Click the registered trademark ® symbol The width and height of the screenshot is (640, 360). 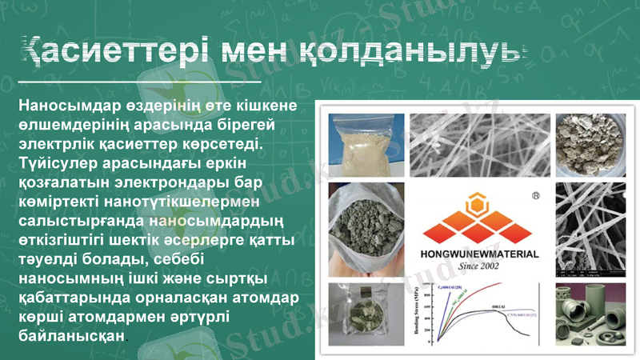pyautogui.click(x=535, y=195)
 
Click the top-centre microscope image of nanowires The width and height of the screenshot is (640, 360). pyautogui.click(x=478, y=144)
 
